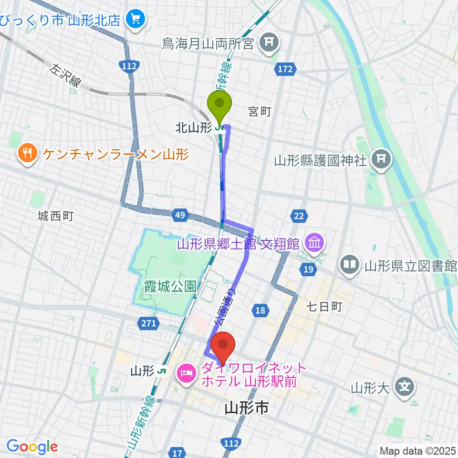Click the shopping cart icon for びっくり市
[x=135, y=19]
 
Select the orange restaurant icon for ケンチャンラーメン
[x=27, y=154]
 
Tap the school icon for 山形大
[x=405, y=385]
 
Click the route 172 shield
[x=283, y=70]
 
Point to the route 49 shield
[x=179, y=216]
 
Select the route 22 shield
[x=299, y=217]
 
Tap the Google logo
[x=32, y=447]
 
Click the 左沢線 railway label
[x=64, y=75]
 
